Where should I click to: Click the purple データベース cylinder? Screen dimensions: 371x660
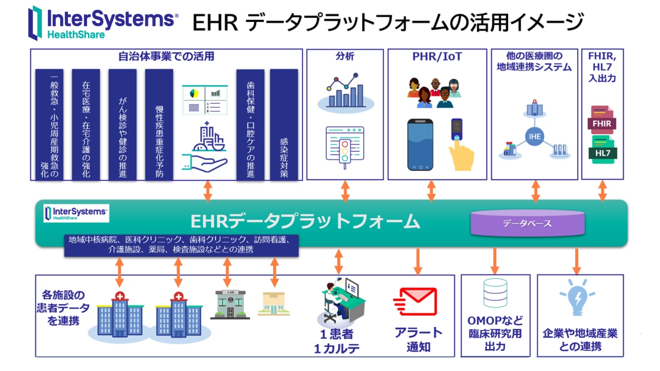[527, 223]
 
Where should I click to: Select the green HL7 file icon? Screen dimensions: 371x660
[602, 150]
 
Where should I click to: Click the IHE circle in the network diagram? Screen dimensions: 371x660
[535, 136]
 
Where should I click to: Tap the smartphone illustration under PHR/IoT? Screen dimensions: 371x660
[420, 145]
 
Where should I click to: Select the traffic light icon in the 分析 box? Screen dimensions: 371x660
[345, 148]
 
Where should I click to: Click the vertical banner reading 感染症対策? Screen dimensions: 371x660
[284, 125]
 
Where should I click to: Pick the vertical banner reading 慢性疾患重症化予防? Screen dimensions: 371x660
[159, 125]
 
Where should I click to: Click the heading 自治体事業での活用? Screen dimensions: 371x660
[166, 57]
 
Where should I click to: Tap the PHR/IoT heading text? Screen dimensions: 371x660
[437, 57]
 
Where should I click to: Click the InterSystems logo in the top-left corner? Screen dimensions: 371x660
[103, 23]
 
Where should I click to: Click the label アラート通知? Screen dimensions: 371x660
[418, 340]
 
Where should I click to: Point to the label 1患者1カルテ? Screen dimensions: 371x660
[337, 341]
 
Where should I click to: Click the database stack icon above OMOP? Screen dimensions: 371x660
[495, 293]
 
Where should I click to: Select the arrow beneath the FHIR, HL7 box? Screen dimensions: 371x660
[602, 190]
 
